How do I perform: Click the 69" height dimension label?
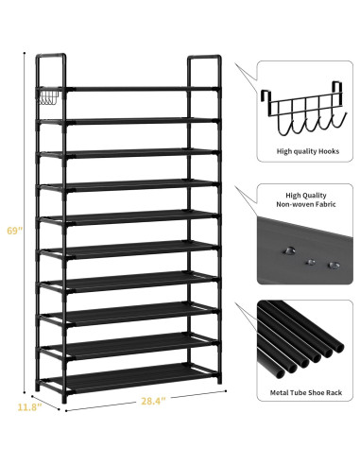(x=14, y=231)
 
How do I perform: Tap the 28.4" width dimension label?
(x=153, y=401)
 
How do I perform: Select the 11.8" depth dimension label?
(x=29, y=407)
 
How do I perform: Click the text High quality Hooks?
(x=308, y=151)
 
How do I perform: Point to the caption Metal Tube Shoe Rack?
(x=306, y=392)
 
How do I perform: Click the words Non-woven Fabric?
(x=306, y=204)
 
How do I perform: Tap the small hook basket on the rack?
(x=50, y=97)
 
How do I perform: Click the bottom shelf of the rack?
(x=132, y=378)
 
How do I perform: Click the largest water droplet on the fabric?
(x=289, y=251)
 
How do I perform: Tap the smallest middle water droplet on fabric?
(x=311, y=262)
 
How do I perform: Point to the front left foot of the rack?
(x=64, y=399)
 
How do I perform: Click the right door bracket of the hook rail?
(x=336, y=92)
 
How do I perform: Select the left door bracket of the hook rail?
(x=266, y=102)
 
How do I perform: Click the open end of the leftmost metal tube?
(x=280, y=373)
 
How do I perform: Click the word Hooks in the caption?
(x=329, y=151)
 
